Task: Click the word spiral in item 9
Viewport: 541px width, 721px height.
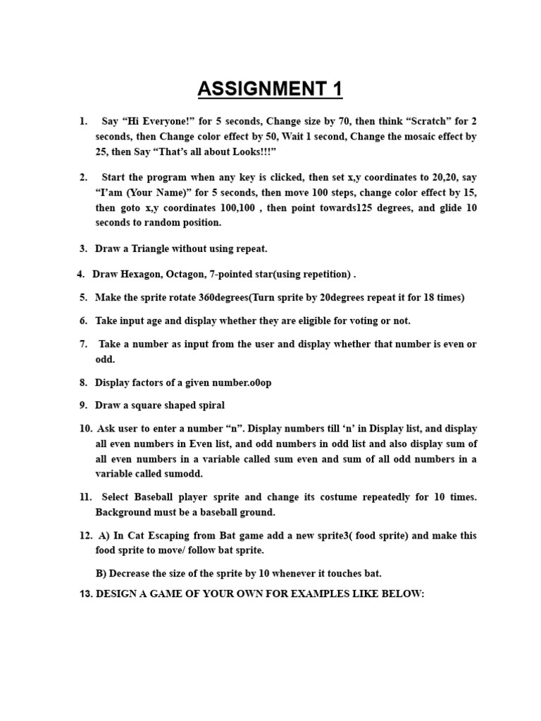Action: click(209, 405)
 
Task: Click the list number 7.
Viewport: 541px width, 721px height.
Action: click(83, 344)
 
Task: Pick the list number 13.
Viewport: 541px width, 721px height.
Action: click(86, 594)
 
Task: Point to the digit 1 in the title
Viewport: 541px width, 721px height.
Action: click(335, 89)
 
